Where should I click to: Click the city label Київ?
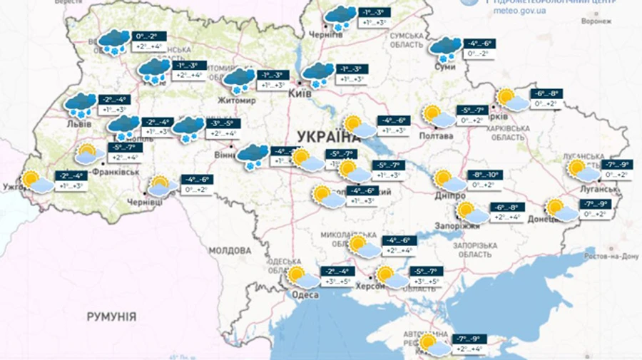(x=300, y=93)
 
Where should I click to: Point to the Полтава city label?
(x=437, y=135)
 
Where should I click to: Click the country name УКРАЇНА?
(x=325, y=136)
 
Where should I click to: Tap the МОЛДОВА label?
(x=230, y=250)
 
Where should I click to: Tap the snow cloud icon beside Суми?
(x=445, y=49)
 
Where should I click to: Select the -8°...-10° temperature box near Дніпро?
(x=484, y=174)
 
